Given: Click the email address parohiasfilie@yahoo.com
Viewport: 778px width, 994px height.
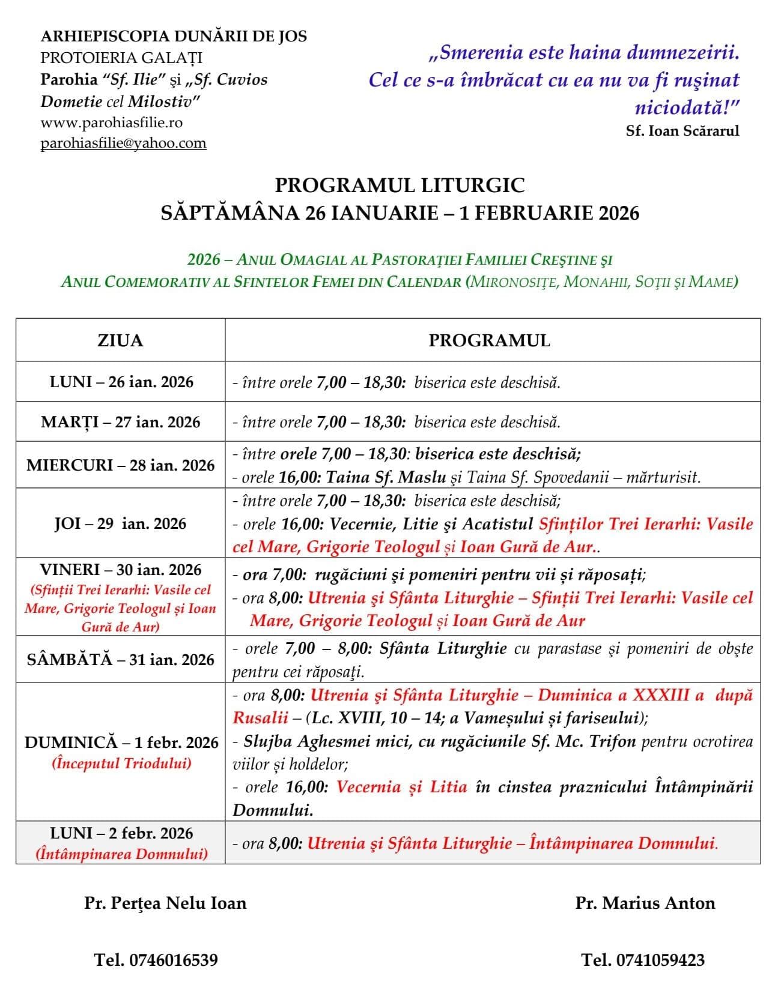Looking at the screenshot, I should coord(123,143).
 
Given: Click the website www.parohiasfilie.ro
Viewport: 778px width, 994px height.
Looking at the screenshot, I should coord(112,122).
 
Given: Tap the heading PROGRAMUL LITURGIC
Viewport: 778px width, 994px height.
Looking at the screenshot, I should coord(400,185).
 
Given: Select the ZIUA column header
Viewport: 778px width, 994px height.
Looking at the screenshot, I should coord(120,341).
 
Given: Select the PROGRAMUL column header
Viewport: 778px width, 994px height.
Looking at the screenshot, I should coord(489,341).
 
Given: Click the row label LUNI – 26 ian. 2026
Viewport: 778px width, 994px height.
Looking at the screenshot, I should coord(121,382).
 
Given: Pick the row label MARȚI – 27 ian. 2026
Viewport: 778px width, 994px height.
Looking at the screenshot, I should coord(120,422).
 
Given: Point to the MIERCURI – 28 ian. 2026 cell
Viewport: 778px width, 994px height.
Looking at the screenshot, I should coord(120,465).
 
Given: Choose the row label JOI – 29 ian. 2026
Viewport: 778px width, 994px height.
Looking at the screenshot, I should coord(120,523).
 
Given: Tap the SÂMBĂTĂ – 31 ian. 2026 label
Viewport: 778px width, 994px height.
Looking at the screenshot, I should coord(120,659).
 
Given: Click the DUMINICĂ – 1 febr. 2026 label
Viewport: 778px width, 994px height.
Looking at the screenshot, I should coord(121,742).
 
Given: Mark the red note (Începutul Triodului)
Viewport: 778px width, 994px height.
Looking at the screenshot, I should coord(121,764).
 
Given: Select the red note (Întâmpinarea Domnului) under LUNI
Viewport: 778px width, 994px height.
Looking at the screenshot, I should coord(121,854).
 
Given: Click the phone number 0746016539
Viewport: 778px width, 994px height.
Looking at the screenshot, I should coord(156,960).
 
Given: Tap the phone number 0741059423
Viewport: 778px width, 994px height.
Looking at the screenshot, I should coord(643,960).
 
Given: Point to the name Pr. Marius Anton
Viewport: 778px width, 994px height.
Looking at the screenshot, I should coord(645,903).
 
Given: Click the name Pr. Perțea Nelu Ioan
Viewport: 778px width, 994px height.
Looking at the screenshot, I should coord(165,903).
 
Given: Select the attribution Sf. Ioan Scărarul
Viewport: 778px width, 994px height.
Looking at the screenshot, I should coord(682,131).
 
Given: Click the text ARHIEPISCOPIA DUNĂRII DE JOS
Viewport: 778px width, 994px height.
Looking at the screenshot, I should coord(174,36).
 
